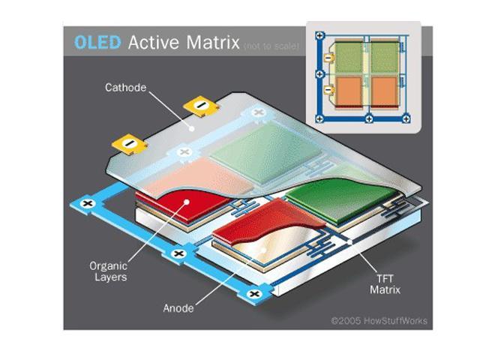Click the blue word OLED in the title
[x=97, y=42]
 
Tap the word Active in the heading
[x=154, y=42]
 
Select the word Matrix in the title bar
[x=212, y=42]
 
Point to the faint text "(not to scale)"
[x=271, y=46]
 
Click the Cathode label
[x=125, y=88]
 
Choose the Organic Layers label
[x=108, y=271]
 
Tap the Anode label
[x=178, y=308]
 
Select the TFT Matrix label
[x=385, y=284]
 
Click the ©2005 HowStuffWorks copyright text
[x=379, y=321]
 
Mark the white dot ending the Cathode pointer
[x=192, y=128]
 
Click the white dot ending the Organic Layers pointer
[x=187, y=202]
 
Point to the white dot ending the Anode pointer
[x=263, y=250]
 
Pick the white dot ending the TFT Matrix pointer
[x=350, y=241]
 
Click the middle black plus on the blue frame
[x=178, y=253]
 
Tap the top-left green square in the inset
[x=349, y=57]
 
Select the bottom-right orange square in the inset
[x=384, y=91]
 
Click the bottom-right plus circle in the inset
[x=406, y=118]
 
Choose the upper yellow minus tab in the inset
[x=328, y=57]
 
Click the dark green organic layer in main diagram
[x=340, y=199]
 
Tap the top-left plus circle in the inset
[x=319, y=35]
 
